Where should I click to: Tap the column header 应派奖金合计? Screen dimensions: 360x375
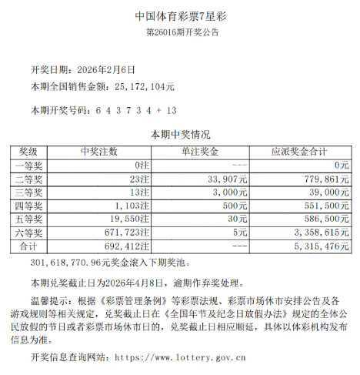(x=300, y=151)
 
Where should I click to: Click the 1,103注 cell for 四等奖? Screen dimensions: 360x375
(x=127, y=205)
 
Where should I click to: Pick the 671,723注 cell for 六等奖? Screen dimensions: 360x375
(x=123, y=232)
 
